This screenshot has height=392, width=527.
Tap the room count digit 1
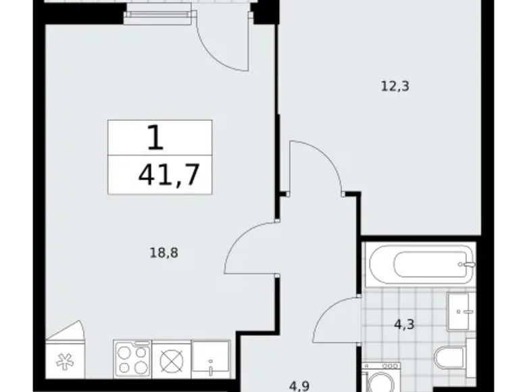pyautogui.click(x=155, y=139)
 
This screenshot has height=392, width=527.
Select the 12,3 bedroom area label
pyautogui.click(x=396, y=86)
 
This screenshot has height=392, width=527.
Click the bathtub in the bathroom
pyautogui.click(x=419, y=266)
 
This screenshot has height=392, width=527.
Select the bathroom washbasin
pyautogui.click(x=461, y=312)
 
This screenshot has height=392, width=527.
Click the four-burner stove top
pyautogui.click(x=132, y=359)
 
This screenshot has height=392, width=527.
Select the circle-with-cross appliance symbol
pyautogui.click(x=171, y=359)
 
